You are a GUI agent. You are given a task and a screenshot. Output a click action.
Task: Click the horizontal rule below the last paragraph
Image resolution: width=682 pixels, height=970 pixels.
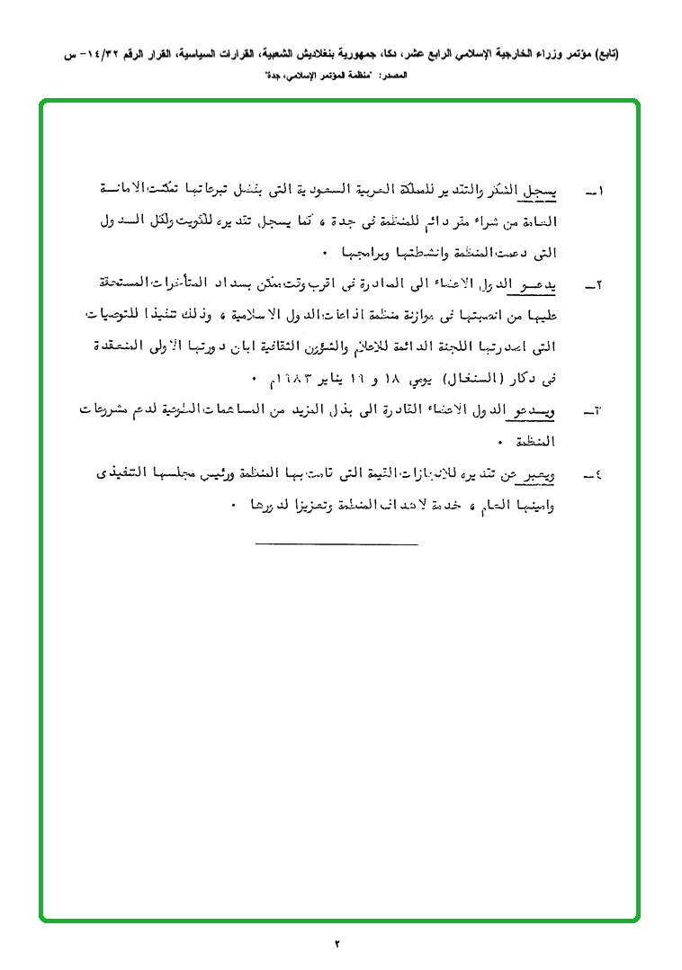(337, 543)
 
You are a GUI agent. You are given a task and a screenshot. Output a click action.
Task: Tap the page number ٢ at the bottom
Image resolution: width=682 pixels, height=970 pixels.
(338, 943)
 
